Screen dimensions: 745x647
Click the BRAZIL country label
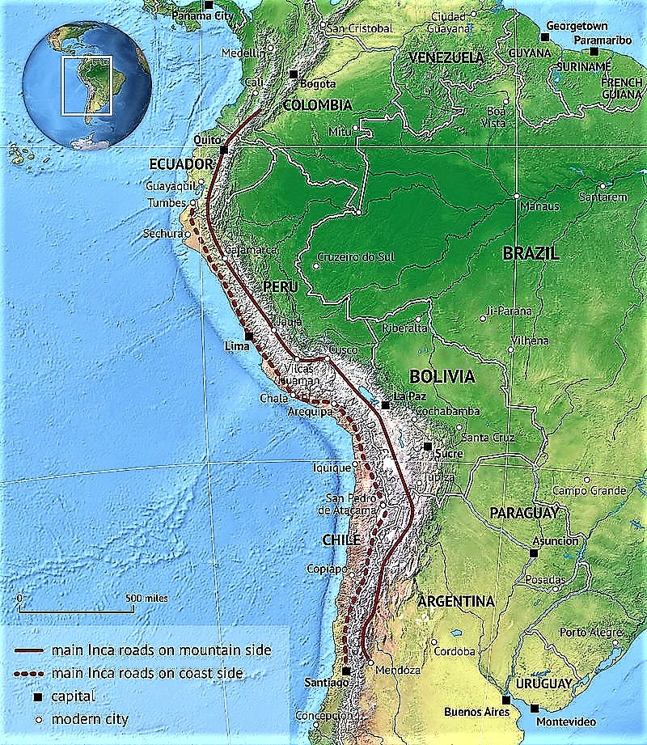531,253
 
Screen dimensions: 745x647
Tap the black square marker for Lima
248,337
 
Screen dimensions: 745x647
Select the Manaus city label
539,206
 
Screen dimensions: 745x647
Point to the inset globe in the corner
87,84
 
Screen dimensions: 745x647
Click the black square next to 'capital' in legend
36,696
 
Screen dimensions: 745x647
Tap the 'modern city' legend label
90,718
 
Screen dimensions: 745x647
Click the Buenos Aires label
477,713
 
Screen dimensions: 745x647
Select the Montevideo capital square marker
534,708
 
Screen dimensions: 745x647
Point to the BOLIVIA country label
442,376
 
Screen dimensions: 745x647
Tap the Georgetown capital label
577,26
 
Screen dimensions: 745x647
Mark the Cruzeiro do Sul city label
355,257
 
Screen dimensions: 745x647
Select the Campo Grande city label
589,491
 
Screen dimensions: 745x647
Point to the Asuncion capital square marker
534,553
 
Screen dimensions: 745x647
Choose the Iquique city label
332,467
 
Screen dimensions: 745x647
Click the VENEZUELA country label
446,57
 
